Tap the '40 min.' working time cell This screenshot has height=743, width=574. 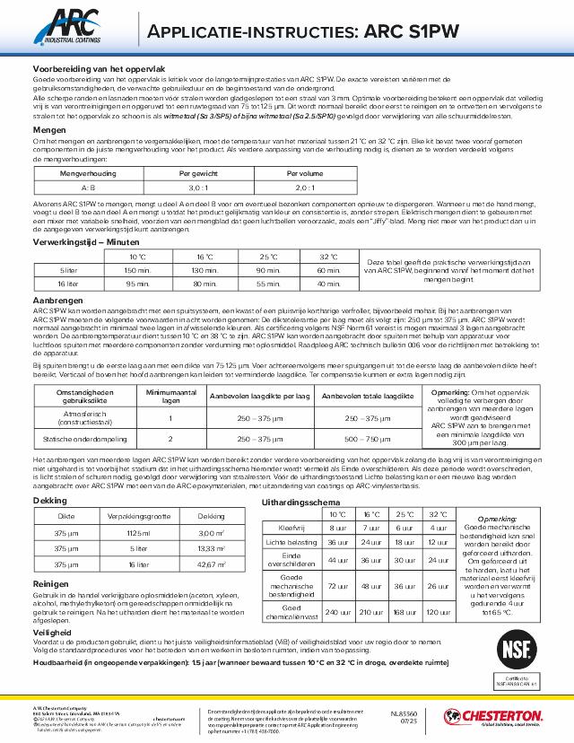327,283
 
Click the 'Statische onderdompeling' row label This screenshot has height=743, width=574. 83,439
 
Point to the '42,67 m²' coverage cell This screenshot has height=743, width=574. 211,564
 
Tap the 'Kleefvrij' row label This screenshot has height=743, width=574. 292,529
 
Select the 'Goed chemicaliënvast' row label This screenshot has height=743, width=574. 292,613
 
